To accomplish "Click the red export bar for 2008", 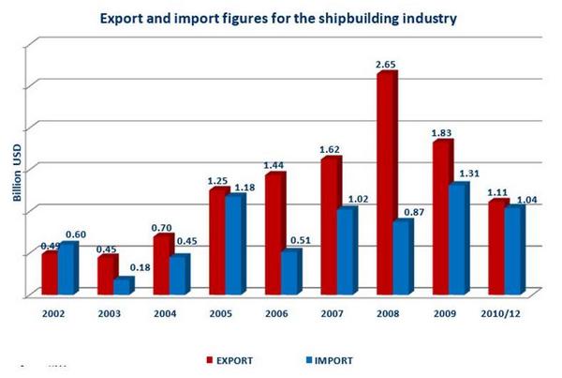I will (x=385, y=183).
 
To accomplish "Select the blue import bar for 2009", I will (x=457, y=239).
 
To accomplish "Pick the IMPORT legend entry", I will (x=327, y=357).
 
